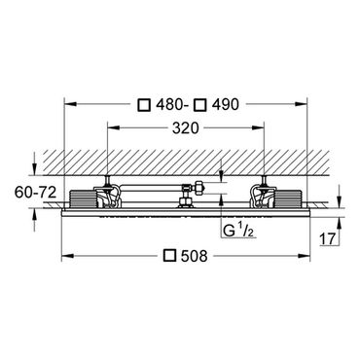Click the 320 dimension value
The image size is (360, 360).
click(x=185, y=128)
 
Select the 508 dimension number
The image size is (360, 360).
click(x=194, y=256)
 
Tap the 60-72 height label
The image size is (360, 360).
click(x=35, y=193)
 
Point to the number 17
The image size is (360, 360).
click(x=328, y=239)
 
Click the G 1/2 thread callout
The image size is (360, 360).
click(x=238, y=231)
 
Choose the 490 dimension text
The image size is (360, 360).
click(x=225, y=105)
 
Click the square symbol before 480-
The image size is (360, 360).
click(x=144, y=105)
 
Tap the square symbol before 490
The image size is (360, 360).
click(x=199, y=105)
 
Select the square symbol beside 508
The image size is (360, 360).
click(x=170, y=256)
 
